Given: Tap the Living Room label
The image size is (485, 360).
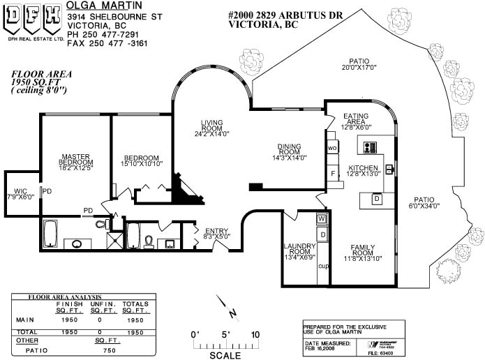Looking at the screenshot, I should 211,127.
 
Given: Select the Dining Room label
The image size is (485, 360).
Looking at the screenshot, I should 289,151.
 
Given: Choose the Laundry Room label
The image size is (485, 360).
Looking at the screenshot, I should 301,250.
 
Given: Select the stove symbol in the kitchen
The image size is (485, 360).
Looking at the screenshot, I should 369,147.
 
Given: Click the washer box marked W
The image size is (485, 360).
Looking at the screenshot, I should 322,219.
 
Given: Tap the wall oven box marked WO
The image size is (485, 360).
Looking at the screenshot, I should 332,149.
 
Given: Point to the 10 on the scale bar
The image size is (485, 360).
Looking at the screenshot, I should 255,335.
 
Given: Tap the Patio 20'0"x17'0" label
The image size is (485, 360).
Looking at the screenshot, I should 359,63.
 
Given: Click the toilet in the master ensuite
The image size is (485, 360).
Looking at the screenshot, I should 101,223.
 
